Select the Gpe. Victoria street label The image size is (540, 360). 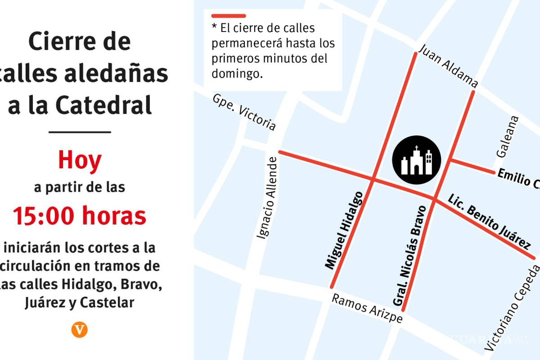pyautogui.click(x=244, y=112)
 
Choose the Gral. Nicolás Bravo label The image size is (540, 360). pyautogui.click(x=409, y=255)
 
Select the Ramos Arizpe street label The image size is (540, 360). pyautogui.click(x=367, y=308)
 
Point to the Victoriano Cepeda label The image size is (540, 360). pyautogui.click(x=513, y=308)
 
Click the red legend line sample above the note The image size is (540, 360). pyautogui.click(x=229, y=16)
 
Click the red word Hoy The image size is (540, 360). pyautogui.click(x=80, y=160)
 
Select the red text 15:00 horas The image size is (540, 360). pyautogui.click(x=80, y=216)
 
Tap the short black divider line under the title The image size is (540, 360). pyautogui.click(x=80, y=132)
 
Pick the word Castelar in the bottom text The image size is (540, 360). pyautogui.click(x=107, y=303)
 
